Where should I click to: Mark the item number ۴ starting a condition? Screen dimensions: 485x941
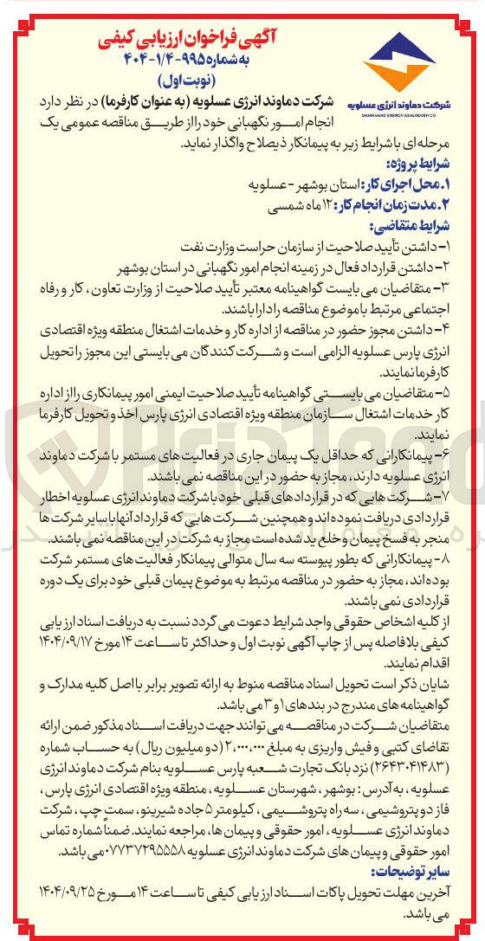coord(469,329)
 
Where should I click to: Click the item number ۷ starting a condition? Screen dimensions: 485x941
coord(469,497)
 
